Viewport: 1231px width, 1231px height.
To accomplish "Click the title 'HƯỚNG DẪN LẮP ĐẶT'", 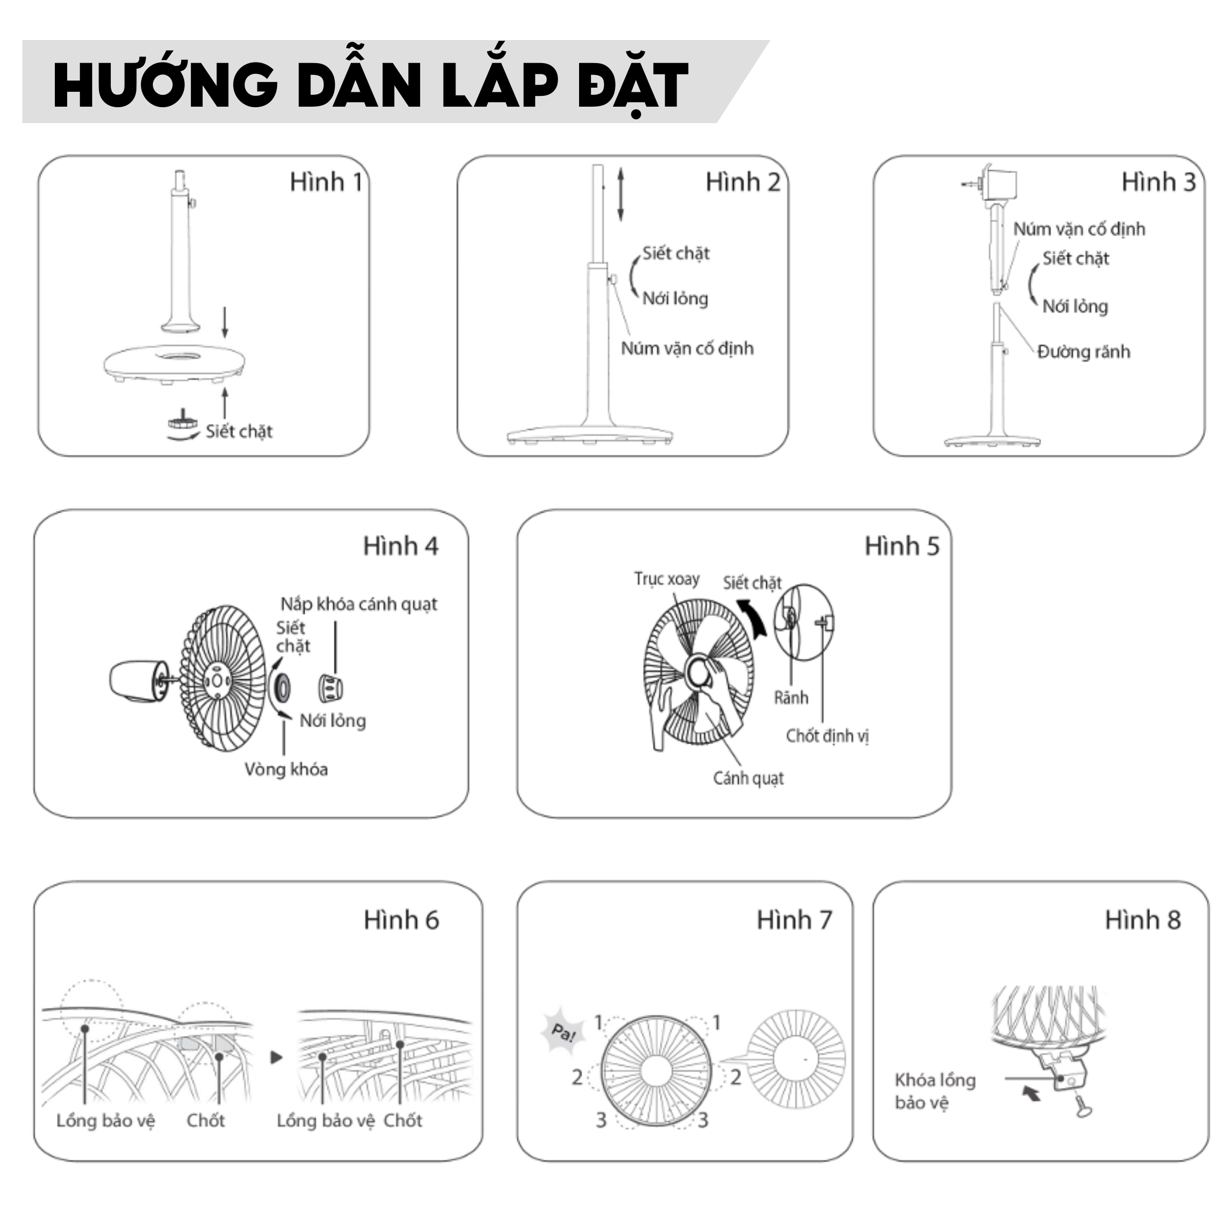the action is click(x=370, y=84).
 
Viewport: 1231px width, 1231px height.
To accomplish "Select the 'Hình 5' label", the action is click(x=902, y=546).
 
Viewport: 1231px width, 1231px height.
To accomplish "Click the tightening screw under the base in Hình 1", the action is click(x=183, y=421).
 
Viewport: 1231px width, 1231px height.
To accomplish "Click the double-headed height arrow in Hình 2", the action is click(x=621, y=194).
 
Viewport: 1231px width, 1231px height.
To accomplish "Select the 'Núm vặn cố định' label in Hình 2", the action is click(x=687, y=349).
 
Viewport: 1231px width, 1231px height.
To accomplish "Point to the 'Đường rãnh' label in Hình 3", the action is click(x=1084, y=352).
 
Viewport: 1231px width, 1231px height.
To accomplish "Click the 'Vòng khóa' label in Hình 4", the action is click(x=286, y=770).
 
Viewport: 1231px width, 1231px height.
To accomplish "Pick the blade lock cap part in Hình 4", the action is click(x=330, y=687).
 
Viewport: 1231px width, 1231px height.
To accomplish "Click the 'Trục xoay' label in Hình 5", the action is click(x=666, y=579).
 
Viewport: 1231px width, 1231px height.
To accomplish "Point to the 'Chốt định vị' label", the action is click(x=827, y=736).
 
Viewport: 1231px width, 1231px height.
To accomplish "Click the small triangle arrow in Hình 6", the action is click(x=276, y=1058).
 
